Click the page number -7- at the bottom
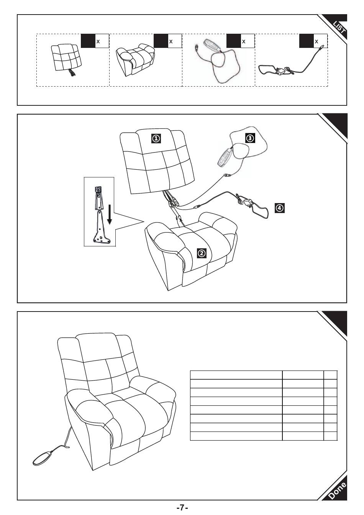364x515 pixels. [182, 508]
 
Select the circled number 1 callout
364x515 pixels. [156, 138]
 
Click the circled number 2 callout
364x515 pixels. [202, 253]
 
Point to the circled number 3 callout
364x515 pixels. [250, 138]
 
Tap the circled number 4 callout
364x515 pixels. [280, 208]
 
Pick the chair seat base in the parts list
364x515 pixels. [136, 60]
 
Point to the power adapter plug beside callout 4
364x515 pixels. [246, 202]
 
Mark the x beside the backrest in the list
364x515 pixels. [98, 41]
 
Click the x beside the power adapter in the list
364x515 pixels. [316, 41]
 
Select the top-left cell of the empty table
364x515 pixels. [236, 375]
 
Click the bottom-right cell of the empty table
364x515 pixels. [330, 436]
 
